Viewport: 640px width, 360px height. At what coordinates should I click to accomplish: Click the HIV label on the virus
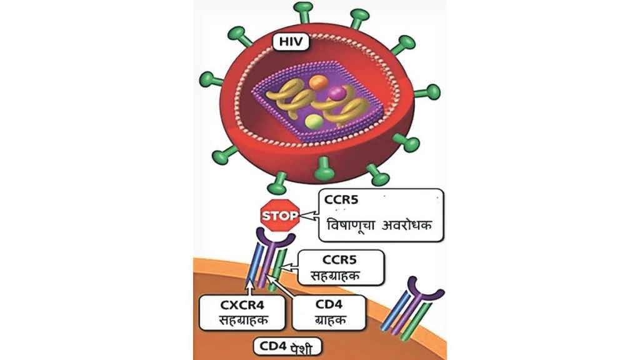click(289, 43)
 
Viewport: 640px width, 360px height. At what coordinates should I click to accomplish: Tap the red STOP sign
click(280, 217)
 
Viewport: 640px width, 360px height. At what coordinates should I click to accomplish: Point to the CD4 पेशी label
click(289, 346)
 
